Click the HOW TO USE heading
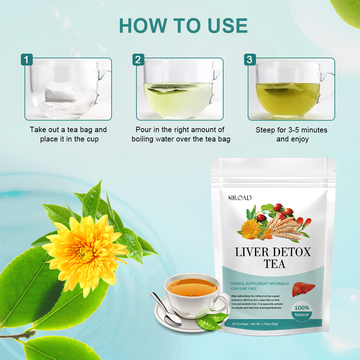[183, 25]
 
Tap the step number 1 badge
[27, 59]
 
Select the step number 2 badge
[138, 59]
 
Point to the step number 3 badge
[249, 59]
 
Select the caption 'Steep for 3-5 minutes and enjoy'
[292, 134]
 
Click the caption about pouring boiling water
[180, 134]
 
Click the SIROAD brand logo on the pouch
[240, 198]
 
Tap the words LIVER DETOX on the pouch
[273, 252]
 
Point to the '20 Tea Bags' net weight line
[255, 324]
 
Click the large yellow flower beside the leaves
[85, 248]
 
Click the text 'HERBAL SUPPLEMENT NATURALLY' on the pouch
[260, 284]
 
